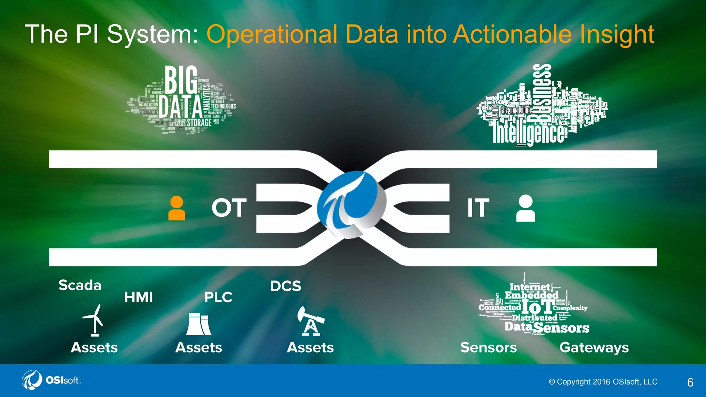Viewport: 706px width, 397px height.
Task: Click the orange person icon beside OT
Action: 176,208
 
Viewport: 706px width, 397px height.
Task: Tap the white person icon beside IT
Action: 526,208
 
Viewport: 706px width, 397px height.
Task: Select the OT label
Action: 229,208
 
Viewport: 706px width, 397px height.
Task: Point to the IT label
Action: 478,208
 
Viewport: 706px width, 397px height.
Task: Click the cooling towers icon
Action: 199,324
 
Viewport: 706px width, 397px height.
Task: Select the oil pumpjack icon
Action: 311,321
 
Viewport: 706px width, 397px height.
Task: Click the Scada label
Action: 80,285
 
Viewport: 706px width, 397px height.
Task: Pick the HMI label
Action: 139,297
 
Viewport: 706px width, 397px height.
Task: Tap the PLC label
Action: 218,297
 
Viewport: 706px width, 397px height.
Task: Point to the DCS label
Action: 285,286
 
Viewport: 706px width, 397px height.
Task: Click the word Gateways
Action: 594,348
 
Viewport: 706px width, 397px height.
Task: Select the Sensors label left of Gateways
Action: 488,347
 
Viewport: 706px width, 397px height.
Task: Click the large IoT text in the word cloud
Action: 537,306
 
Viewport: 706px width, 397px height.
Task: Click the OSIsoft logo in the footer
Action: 52,380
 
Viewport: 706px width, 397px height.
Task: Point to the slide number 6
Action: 690,382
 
